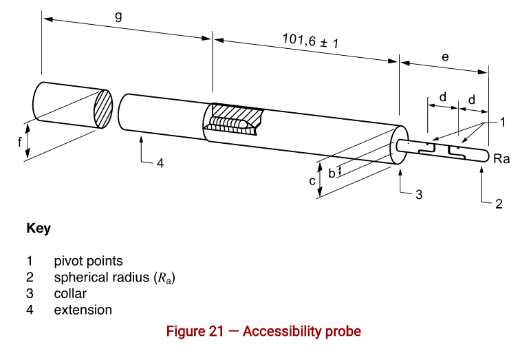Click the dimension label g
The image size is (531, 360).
point(118,16)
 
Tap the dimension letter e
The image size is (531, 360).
point(445,57)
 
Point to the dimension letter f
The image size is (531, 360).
point(20,143)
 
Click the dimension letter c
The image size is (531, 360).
point(312,181)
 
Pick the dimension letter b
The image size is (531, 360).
point(332,173)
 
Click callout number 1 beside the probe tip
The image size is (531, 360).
point(503,123)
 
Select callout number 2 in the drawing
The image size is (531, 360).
point(499,203)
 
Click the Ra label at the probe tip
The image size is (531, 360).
point(501,159)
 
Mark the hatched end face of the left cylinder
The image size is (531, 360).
point(102,109)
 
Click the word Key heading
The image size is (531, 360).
point(38,229)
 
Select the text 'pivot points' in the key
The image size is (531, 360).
point(88,261)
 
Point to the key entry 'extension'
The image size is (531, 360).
point(83,310)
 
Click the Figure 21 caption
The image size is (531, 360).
point(263,331)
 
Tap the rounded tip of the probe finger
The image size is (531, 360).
point(484,156)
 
